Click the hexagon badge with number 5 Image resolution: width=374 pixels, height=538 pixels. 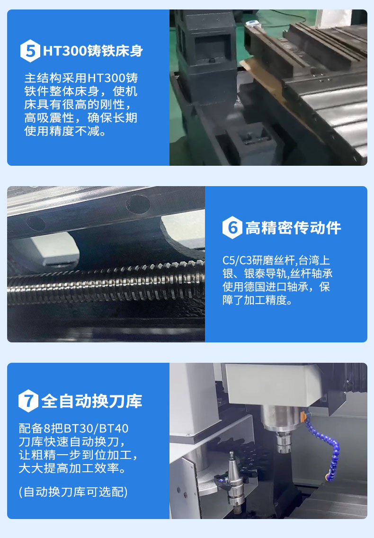30,51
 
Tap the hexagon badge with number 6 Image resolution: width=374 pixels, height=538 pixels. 232,227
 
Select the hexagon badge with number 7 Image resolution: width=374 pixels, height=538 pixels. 28,401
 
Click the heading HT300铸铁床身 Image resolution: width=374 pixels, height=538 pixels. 93,51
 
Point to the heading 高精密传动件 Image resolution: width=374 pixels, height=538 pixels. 293,228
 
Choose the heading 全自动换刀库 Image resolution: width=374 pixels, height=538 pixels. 92,401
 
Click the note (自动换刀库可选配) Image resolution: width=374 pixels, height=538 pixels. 73,492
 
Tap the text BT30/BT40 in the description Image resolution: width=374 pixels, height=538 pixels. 96,429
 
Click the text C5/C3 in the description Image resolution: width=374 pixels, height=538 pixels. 237,260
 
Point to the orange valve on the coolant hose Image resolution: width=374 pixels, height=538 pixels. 303,417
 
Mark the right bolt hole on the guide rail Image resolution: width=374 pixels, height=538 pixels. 138,204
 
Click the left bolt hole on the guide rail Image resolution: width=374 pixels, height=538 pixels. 36,223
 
